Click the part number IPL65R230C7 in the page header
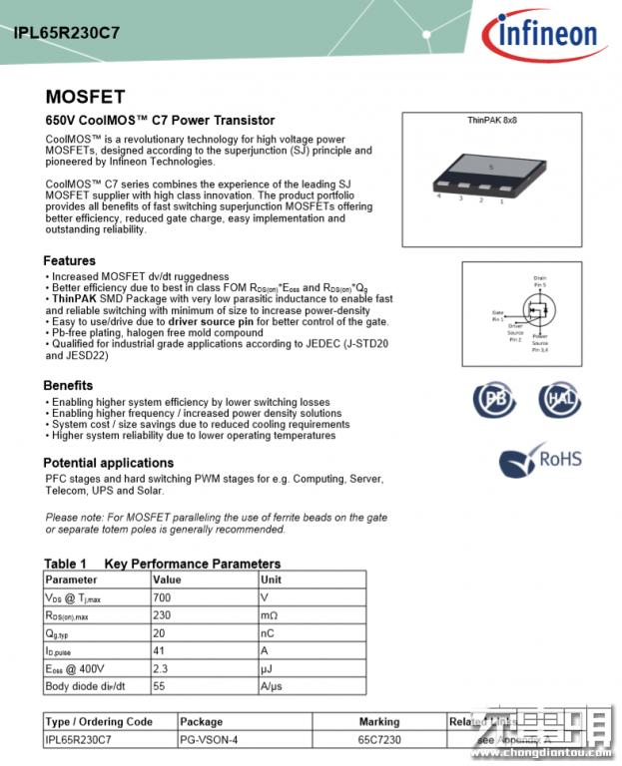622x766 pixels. click(x=67, y=32)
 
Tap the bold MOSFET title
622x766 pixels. click(x=85, y=98)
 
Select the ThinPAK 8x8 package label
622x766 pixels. click(x=492, y=120)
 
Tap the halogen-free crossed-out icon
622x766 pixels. click(x=560, y=399)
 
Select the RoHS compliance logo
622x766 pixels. click(x=540, y=462)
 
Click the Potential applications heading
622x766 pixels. click(x=108, y=463)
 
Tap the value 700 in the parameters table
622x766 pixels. click(x=162, y=597)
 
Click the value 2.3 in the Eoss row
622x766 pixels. click(x=160, y=668)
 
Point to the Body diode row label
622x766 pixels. click(x=85, y=686)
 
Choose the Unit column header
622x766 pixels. click(x=271, y=579)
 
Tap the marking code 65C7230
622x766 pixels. click(x=379, y=739)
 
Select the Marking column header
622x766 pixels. click(x=379, y=721)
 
